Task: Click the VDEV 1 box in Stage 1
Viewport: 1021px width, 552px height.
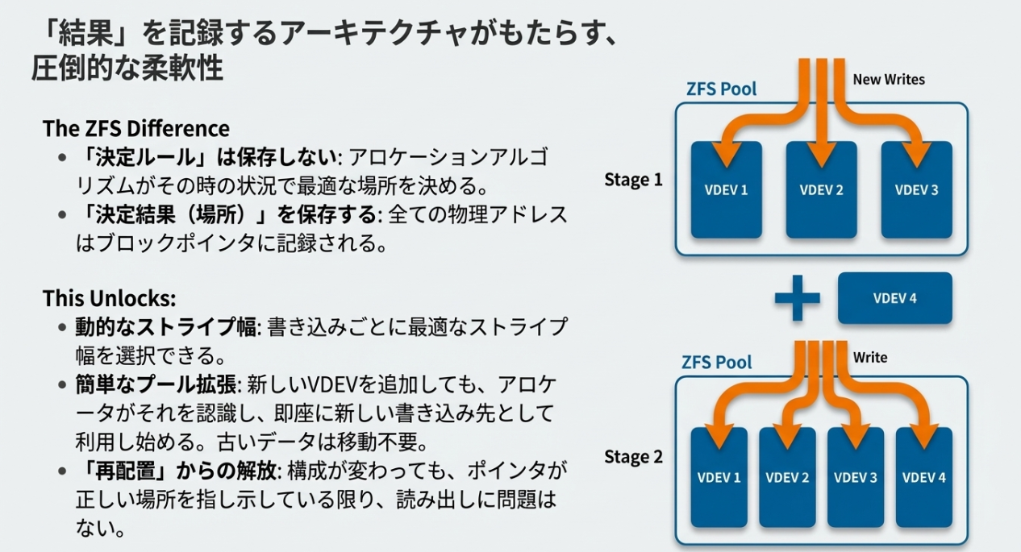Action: pos(727,190)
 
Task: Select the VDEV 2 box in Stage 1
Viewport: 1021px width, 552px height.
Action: pos(821,190)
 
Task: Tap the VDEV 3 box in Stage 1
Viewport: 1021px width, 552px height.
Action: pos(916,190)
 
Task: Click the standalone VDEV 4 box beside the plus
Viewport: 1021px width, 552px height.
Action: pos(895,298)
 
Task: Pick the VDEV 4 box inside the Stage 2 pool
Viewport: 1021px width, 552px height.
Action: pos(923,477)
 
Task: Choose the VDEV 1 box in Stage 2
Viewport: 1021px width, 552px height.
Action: pos(719,477)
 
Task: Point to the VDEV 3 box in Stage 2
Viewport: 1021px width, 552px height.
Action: pos(856,477)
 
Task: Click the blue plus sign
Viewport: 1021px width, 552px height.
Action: pos(797,298)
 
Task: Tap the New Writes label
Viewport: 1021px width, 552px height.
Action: pos(889,79)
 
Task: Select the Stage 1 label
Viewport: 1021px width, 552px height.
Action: pos(633,180)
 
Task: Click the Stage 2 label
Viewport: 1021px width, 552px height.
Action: pos(633,458)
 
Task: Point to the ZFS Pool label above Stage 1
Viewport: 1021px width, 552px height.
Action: pos(721,89)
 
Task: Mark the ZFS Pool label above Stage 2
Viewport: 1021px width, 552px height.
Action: pos(716,362)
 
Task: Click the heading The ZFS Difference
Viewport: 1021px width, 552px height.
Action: pos(136,129)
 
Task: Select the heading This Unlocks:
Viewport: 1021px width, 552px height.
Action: pos(109,298)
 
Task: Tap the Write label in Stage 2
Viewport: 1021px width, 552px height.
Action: pos(870,356)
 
